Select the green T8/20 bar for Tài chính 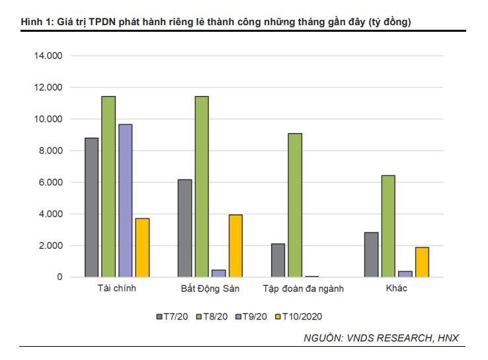pos(108,187)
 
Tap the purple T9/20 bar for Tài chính pos(125,201)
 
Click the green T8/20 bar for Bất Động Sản pos(202,187)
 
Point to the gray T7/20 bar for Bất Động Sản pos(184,228)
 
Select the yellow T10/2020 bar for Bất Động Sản pos(235,246)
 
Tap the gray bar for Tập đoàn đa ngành pos(278,260)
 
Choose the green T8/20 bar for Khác pos(388,226)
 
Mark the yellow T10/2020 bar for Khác pos(422,262)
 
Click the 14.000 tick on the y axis pos(48,56)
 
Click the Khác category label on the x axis pos(396,289)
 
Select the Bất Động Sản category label pos(210,289)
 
